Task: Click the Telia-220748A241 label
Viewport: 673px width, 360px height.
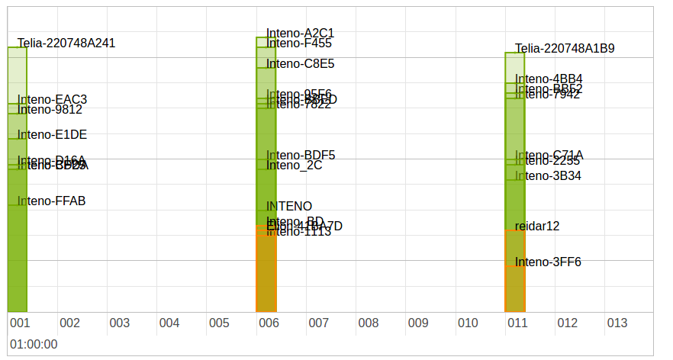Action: (x=66, y=43)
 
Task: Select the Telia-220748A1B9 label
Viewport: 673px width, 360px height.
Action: (x=565, y=49)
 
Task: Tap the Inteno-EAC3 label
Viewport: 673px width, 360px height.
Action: (x=52, y=100)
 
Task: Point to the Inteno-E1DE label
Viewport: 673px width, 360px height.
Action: (x=52, y=135)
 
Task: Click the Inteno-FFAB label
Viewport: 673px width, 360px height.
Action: (x=51, y=201)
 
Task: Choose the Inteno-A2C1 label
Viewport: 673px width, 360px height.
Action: (x=300, y=34)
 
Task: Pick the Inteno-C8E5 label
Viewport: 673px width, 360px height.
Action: (x=300, y=64)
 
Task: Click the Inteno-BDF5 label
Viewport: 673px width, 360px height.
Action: (x=301, y=156)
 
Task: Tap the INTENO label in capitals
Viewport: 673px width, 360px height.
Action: (x=289, y=206)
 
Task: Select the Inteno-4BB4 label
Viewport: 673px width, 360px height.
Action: (x=549, y=79)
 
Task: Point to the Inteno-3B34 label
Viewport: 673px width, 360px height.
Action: (x=548, y=176)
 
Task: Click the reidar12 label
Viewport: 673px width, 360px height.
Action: (x=537, y=227)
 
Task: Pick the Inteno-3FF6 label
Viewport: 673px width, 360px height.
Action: (x=548, y=262)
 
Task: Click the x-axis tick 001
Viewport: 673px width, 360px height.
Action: (x=20, y=323)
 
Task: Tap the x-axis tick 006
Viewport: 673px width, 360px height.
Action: (x=269, y=323)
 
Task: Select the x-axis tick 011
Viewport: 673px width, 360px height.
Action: (x=517, y=323)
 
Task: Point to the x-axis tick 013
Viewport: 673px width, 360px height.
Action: (x=617, y=323)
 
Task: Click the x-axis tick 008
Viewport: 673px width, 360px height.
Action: (x=369, y=323)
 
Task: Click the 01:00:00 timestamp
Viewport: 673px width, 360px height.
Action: (x=34, y=344)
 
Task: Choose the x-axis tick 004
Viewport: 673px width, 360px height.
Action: (x=169, y=323)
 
